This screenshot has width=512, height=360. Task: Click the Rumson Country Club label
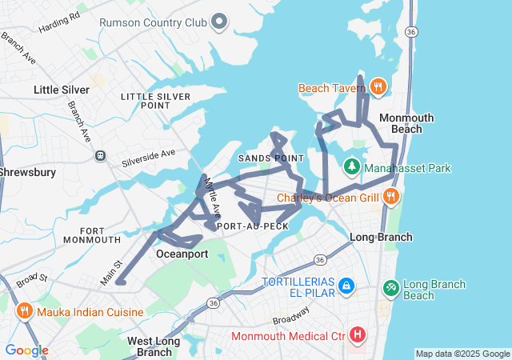pyautogui.click(x=154, y=22)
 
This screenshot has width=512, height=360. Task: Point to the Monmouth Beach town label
pyautogui.click(x=406, y=123)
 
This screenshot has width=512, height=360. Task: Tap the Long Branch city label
pyautogui.click(x=381, y=237)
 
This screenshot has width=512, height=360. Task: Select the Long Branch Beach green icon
pyautogui.click(x=390, y=286)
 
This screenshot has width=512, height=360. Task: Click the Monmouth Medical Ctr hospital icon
pyautogui.click(x=358, y=334)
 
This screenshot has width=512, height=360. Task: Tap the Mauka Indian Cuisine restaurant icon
pyautogui.click(x=25, y=311)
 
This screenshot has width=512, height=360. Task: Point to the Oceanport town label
pyautogui.click(x=182, y=254)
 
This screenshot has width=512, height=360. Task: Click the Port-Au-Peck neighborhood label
pyautogui.click(x=252, y=226)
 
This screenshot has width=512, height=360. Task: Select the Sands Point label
pyautogui.click(x=271, y=158)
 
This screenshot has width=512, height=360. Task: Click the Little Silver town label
pyautogui.click(x=62, y=90)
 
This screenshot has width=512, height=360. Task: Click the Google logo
pyautogui.click(x=26, y=350)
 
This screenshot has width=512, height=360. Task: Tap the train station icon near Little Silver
pyautogui.click(x=100, y=156)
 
